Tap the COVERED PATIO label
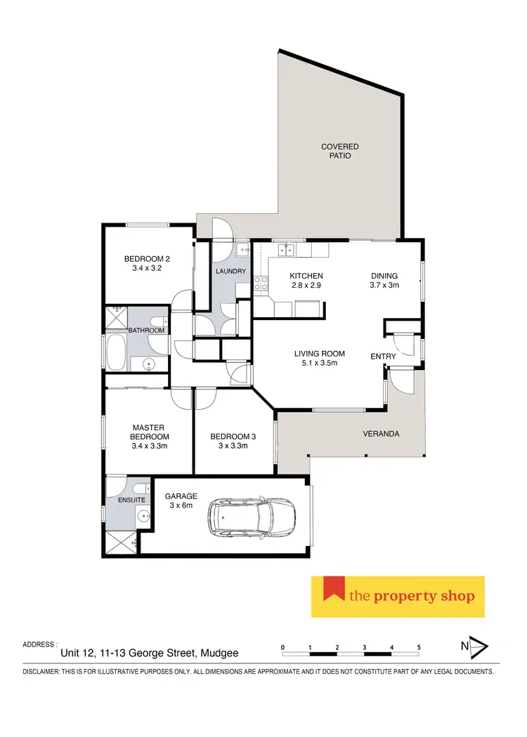[x=340, y=151]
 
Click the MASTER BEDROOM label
[x=148, y=431]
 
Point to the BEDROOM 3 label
[x=233, y=436]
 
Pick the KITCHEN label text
[x=306, y=276]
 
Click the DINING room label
[x=384, y=276]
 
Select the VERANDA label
[x=381, y=434]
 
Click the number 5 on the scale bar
[x=419, y=646]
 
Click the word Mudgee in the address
[x=219, y=653]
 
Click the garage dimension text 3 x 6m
[x=181, y=506]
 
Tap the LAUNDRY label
[x=231, y=271]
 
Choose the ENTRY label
[x=383, y=357]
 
